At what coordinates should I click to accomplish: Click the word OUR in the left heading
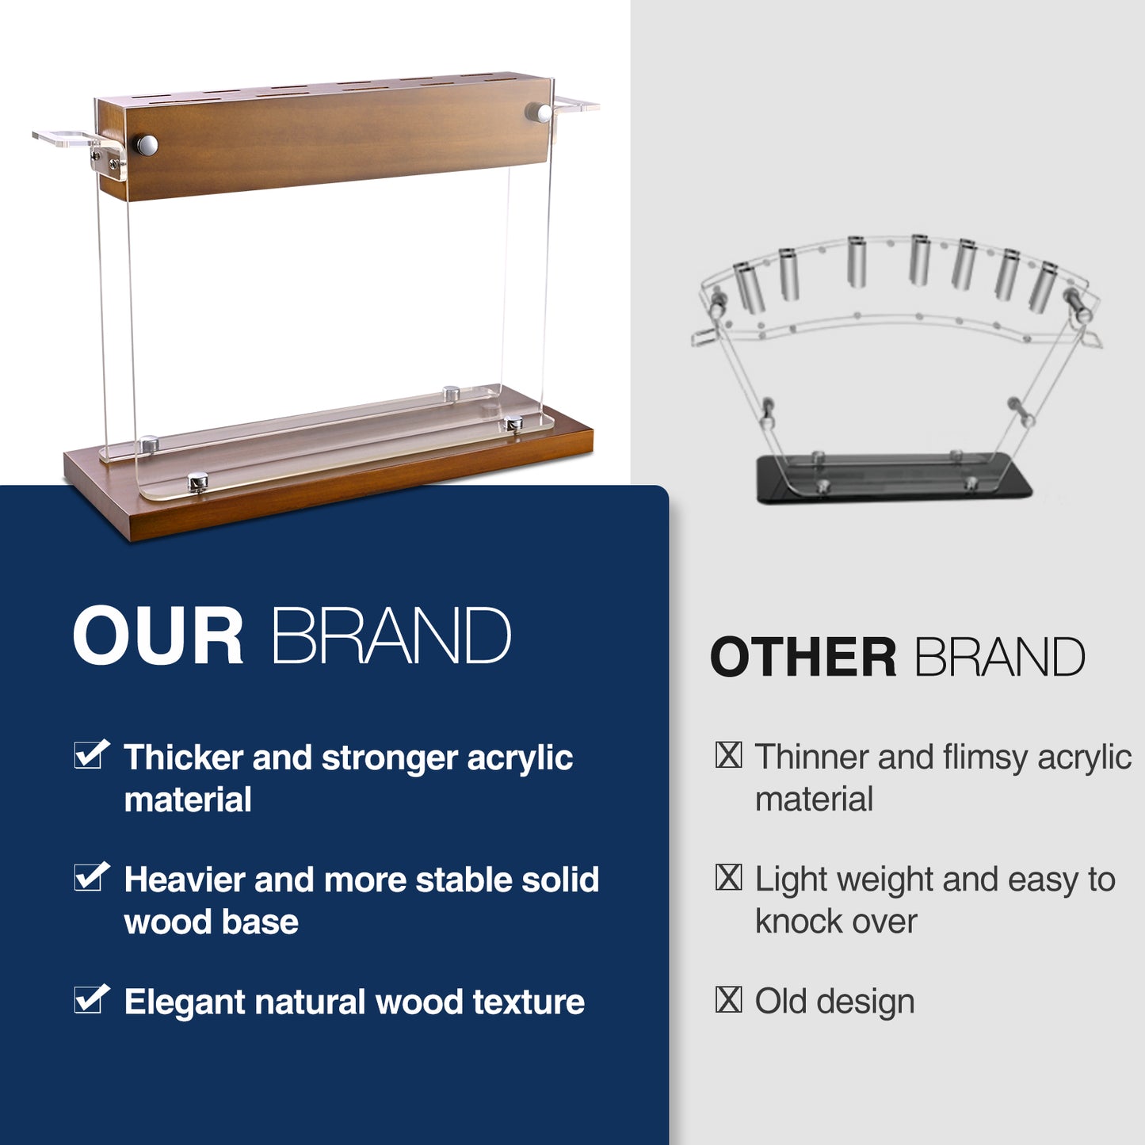pos(158,635)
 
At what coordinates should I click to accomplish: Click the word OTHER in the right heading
pos(803,657)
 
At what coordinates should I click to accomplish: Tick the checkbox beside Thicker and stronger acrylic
pos(91,754)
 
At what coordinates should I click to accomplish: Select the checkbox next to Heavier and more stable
pos(91,877)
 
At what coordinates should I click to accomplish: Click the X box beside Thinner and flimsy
pos(728,754)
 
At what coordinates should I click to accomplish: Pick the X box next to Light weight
pos(728,877)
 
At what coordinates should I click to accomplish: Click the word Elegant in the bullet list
pos(182,1004)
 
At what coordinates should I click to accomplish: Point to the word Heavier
pos(184,880)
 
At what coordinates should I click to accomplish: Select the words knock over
pos(836,922)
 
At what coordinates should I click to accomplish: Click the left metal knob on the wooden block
pos(146,146)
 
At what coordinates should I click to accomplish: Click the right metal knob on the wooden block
pos(538,113)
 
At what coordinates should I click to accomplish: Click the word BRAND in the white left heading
pos(391,635)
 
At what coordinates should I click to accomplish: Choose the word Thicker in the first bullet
pos(184,758)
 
